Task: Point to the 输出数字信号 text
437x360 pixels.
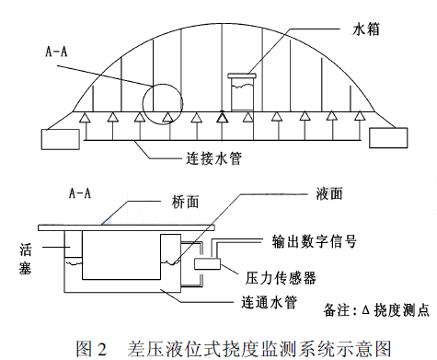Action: tap(309, 245)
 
